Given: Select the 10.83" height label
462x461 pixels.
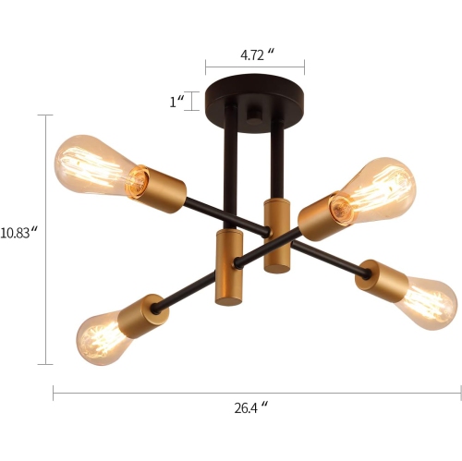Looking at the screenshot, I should click(x=19, y=233).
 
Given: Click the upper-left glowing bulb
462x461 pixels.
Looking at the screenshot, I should click(x=93, y=165).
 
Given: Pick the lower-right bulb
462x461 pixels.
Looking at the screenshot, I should click(x=424, y=299).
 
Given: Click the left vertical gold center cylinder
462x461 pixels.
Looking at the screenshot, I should click(x=227, y=267).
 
